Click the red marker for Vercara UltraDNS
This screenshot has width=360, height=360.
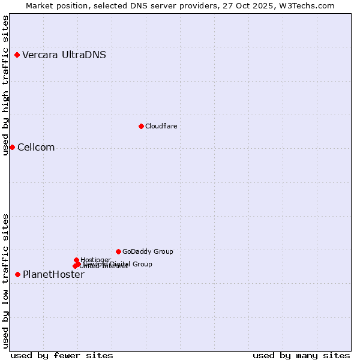point(17,55)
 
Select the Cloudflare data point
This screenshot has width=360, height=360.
point(141,126)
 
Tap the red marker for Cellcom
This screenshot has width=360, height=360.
point(12,148)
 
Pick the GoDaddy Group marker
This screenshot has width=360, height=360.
point(118,251)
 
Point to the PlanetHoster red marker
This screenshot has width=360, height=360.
point(17,274)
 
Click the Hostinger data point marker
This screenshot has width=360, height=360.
point(76,260)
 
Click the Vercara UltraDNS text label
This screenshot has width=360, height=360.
point(64,55)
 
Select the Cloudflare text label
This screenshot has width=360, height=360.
point(161,126)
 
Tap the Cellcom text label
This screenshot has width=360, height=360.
point(36,148)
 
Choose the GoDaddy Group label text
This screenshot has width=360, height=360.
point(147,251)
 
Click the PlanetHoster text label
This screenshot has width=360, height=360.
point(53,275)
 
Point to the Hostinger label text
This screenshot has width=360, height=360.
point(95,260)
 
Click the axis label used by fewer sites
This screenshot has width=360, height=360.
point(62,355)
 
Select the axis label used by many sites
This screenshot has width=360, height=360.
point(301,355)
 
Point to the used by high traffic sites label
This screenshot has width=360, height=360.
point(5,86)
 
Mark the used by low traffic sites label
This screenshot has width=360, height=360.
point(5,281)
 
